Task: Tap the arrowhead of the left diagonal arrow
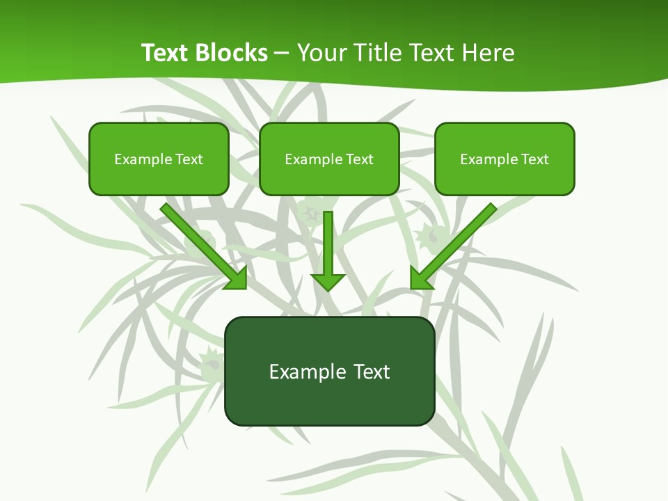pos(237,278)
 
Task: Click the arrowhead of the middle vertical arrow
pos(328,282)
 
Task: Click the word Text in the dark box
pos(372,372)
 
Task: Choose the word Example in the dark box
pos(308,372)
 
